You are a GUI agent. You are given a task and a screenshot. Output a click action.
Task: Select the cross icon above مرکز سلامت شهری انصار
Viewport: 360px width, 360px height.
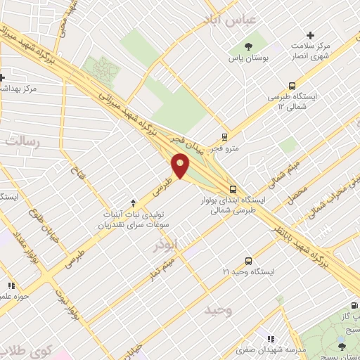pos(311,34)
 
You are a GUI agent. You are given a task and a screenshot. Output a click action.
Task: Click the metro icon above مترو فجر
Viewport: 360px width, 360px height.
pos(224,136)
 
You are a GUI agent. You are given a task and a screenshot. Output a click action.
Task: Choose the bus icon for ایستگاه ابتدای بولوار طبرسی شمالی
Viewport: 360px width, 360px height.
pos(233,188)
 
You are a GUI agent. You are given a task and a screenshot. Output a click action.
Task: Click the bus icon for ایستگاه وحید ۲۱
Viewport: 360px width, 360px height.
pos(247,260)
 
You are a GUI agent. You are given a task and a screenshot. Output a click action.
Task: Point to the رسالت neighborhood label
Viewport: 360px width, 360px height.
pos(22,141)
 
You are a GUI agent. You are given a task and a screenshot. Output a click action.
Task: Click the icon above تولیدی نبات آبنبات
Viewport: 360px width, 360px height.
pos(133,202)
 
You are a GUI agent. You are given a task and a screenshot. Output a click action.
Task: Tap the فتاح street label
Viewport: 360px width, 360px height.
pos(77,167)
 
